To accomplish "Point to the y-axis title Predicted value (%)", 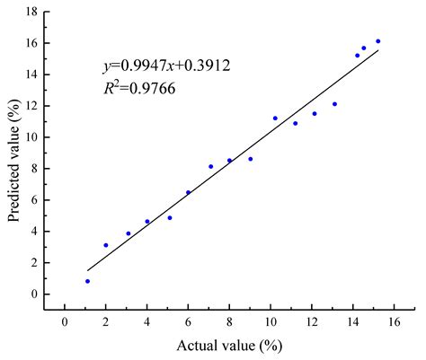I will tap(14, 160).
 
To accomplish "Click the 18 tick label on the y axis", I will tap(32, 12).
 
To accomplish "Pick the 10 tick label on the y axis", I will tap(32, 137).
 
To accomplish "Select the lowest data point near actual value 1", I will tap(87, 281).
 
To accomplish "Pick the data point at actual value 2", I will tap(106, 245).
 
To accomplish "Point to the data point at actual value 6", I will tap(188, 192).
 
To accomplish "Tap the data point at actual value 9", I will tap(250, 159).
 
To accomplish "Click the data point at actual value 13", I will tap(334, 104).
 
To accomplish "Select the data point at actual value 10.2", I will tap(275, 118).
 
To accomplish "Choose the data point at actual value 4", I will tap(147, 222).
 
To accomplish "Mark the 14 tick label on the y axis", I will tap(32, 75).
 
